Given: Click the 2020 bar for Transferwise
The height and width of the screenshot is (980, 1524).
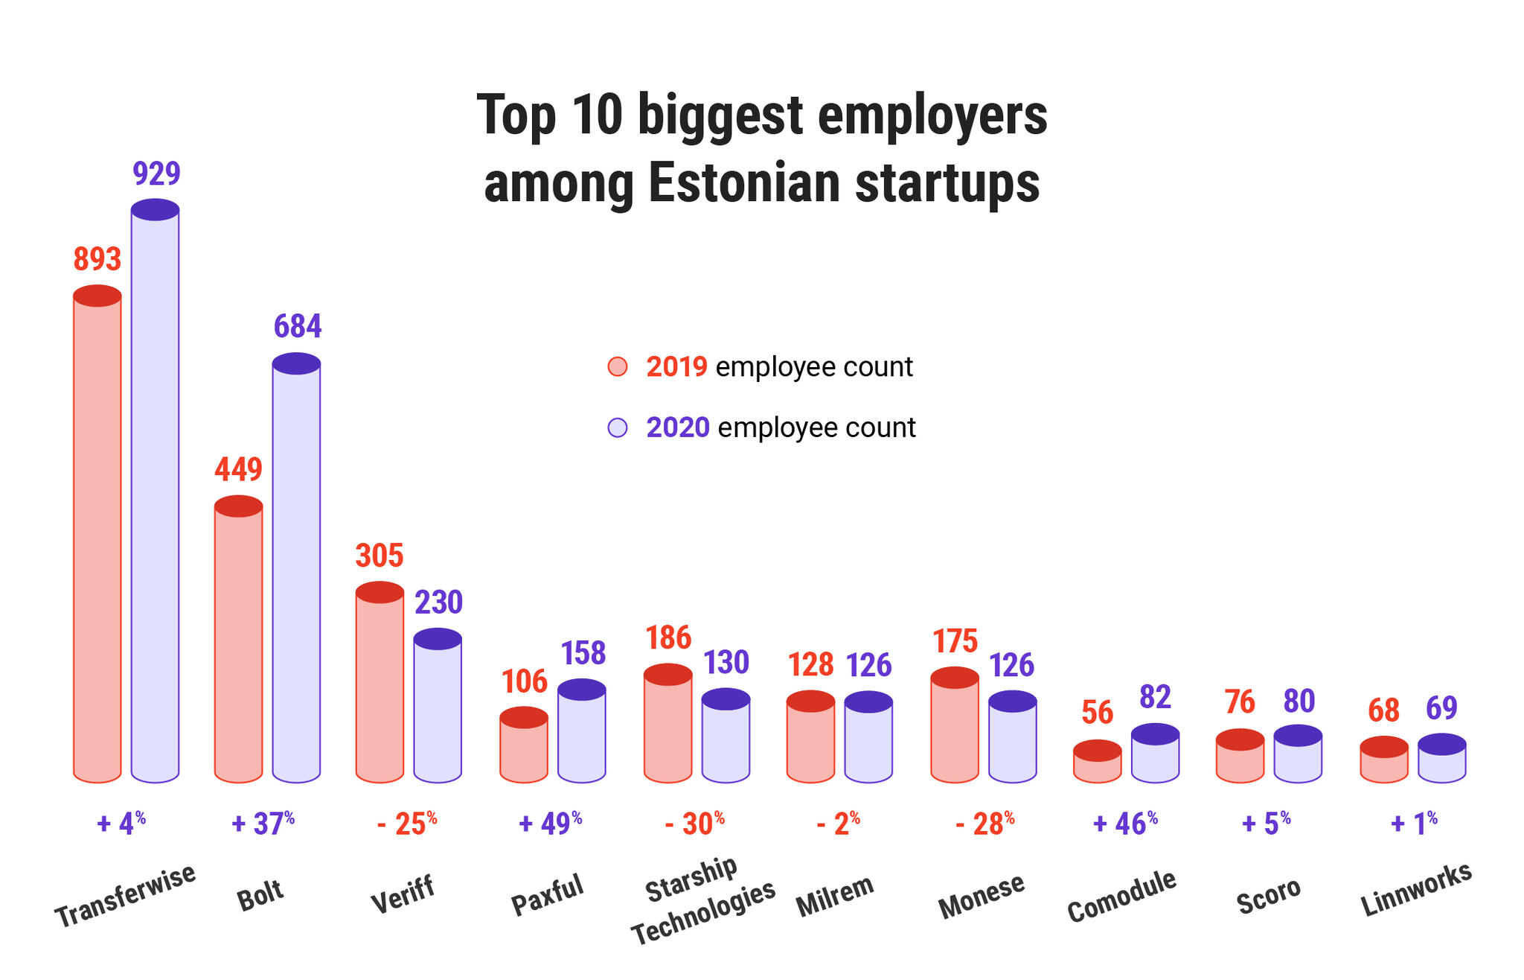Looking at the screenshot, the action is pyautogui.click(x=155, y=491).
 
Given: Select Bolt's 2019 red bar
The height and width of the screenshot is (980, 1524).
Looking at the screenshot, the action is pyautogui.click(x=238, y=639).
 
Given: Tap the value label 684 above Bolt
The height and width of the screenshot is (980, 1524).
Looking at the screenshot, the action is pyautogui.click(x=298, y=326).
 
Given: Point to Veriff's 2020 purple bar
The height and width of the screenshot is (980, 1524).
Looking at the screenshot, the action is pyautogui.click(x=438, y=705).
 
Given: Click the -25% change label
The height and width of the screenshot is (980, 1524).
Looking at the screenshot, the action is pyautogui.click(x=407, y=823).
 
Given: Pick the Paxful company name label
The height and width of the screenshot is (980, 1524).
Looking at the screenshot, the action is pyautogui.click(x=548, y=894).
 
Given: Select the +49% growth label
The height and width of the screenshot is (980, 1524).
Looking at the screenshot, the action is pyautogui.click(x=550, y=823).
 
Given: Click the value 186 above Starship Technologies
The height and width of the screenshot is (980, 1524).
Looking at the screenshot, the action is pyautogui.click(x=668, y=637).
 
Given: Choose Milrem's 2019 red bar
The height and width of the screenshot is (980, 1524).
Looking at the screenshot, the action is pyautogui.click(x=810, y=736).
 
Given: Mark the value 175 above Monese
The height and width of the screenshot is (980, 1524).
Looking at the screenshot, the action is pyautogui.click(x=955, y=640).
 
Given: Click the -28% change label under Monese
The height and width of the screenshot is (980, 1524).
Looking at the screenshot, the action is pyautogui.click(x=985, y=823).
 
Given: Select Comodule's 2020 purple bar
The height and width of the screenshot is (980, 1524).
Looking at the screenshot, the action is pyautogui.click(x=1155, y=753).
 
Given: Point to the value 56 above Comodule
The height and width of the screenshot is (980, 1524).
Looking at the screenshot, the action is pyautogui.click(x=1098, y=713).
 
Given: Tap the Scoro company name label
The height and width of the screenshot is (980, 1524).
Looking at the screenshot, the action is pyautogui.click(x=1269, y=895).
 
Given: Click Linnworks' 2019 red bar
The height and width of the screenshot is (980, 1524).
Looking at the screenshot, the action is pyautogui.click(x=1384, y=760).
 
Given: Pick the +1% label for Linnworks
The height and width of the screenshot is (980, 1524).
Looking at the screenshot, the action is pyautogui.click(x=1414, y=823).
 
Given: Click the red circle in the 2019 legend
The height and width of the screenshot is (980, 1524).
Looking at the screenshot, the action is pyautogui.click(x=618, y=367).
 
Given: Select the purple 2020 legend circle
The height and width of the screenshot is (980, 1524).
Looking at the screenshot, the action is pyautogui.click(x=618, y=427).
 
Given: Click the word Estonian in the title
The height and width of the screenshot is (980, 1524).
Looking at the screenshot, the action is pyautogui.click(x=745, y=182).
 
